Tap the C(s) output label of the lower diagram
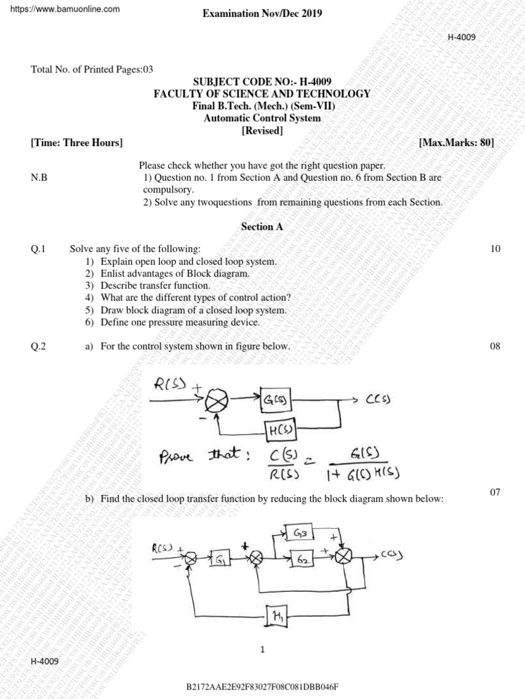click(x=390, y=556)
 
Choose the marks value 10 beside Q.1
click(x=496, y=249)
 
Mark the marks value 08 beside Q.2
click(x=496, y=347)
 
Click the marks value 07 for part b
click(x=496, y=493)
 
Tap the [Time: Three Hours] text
click(x=77, y=143)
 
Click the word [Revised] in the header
click(x=262, y=130)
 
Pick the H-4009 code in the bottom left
click(x=44, y=662)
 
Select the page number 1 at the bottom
click(x=262, y=651)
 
